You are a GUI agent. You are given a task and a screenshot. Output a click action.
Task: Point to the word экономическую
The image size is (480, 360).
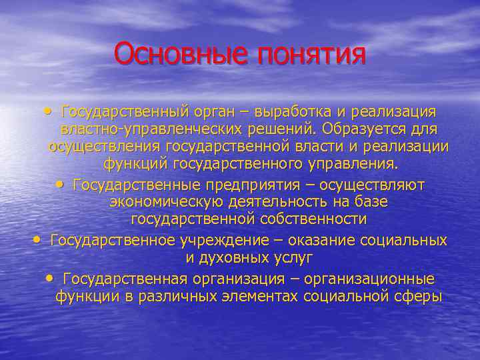[157, 201]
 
